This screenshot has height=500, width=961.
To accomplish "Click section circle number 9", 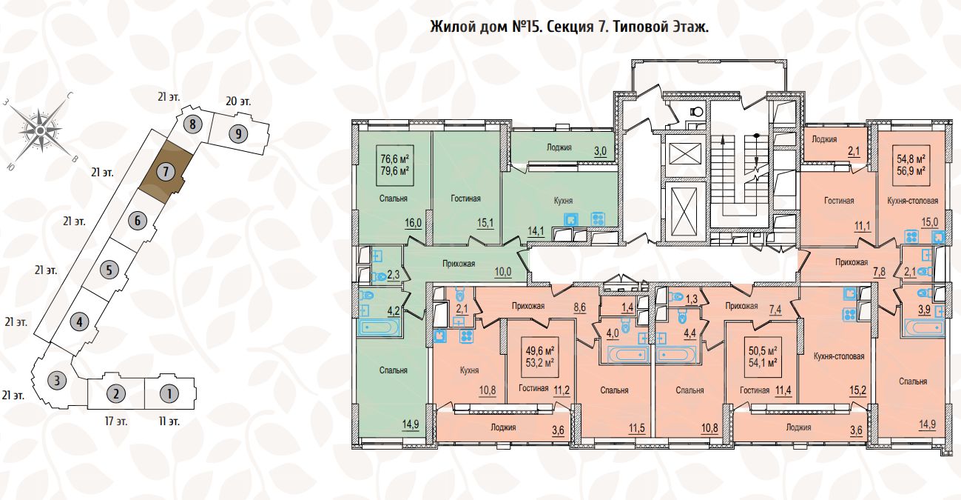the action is (237, 134).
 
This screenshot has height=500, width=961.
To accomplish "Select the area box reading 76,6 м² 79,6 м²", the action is (395, 163).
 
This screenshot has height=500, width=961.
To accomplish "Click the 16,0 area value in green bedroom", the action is (412, 221).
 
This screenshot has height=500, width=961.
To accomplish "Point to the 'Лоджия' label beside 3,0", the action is (559, 147).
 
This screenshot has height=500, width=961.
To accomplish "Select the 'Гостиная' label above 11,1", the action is (839, 201).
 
